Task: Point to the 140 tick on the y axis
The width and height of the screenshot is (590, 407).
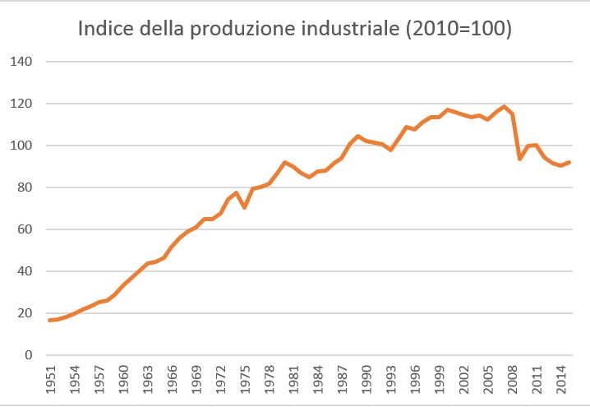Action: [x=21, y=62]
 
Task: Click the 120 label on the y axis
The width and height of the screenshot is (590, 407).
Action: [x=21, y=104]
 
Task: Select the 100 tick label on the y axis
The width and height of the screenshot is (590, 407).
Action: [x=21, y=146]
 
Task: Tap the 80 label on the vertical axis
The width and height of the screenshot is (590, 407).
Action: [x=25, y=188]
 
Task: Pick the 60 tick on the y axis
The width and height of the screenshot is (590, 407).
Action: [x=25, y=230]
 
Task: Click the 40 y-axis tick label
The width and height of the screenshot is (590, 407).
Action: [x=25, y=272]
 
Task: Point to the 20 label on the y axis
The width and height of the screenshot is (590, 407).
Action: [x=25, y=314]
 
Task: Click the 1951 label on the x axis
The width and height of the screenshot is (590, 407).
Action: [x=51, y=380]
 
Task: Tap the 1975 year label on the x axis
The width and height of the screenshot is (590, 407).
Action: [x=245, y=380]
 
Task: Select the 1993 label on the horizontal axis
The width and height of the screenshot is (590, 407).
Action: [x=390, y=380]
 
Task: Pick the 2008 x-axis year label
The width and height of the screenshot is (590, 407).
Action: [x=511, y=380]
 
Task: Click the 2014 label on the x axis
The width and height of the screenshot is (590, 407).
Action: [x=560, y=380]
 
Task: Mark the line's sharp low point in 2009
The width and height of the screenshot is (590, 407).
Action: [x=519, y=159]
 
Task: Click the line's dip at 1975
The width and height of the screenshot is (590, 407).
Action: [x=245, y=207]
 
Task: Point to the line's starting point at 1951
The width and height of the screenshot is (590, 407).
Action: [x=51, y=320]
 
